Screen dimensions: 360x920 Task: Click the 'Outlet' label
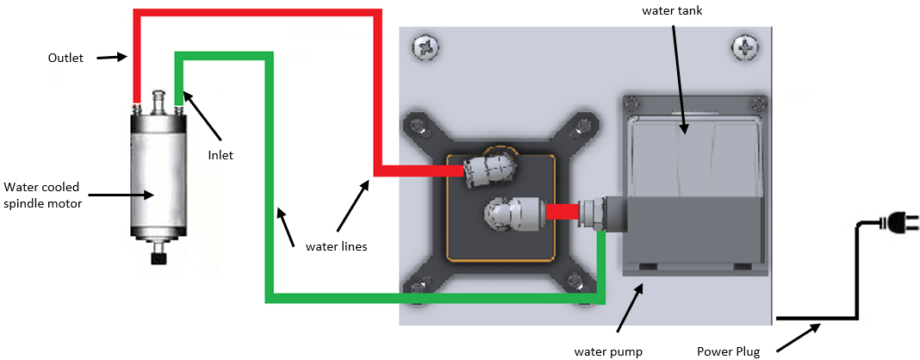pyautogui.click(x=66, y=59)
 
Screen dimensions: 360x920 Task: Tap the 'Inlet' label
pyautogui.click(x=221, y=155)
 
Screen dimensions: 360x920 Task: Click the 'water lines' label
pyautogui.click(x=336, y=246)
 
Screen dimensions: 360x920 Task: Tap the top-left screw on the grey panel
pyautogui.click(x=424, y=48)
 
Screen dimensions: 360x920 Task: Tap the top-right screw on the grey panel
pyautogui.click(x=743, y=47)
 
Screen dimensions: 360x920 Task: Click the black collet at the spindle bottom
pyautogui.click(x=158, y=258)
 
